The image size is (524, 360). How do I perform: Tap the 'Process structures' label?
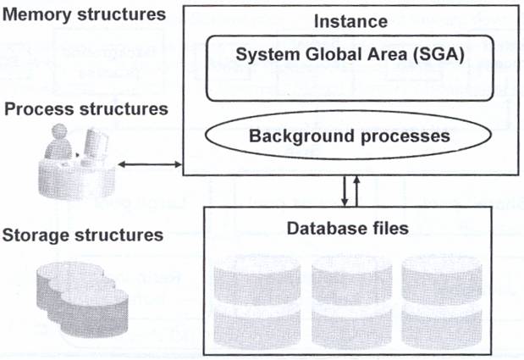[x=85, y=108]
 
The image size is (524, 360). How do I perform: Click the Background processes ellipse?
[x=348, y=135]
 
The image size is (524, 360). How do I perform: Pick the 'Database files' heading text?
[x=348, y=228]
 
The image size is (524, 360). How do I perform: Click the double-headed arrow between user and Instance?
[x=151, y=164]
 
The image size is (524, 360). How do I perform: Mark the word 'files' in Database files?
[x=390, y=228]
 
